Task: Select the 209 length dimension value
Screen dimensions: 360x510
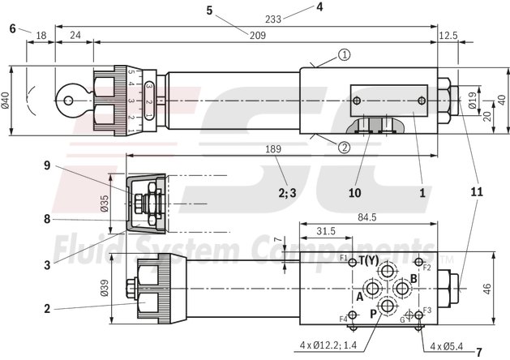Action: tap(256, 35)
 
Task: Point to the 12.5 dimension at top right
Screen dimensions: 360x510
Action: tap(448, 35)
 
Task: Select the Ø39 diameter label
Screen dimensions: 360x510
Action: tap(116, 287)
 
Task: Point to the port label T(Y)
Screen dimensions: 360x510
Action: tap(369, 260)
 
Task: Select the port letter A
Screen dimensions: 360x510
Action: tap(358, 297)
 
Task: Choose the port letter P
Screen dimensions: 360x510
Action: tap(374, 314)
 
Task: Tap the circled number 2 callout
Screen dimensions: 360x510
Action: tap(344, 147)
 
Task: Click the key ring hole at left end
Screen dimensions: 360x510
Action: tap(70, 101)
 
